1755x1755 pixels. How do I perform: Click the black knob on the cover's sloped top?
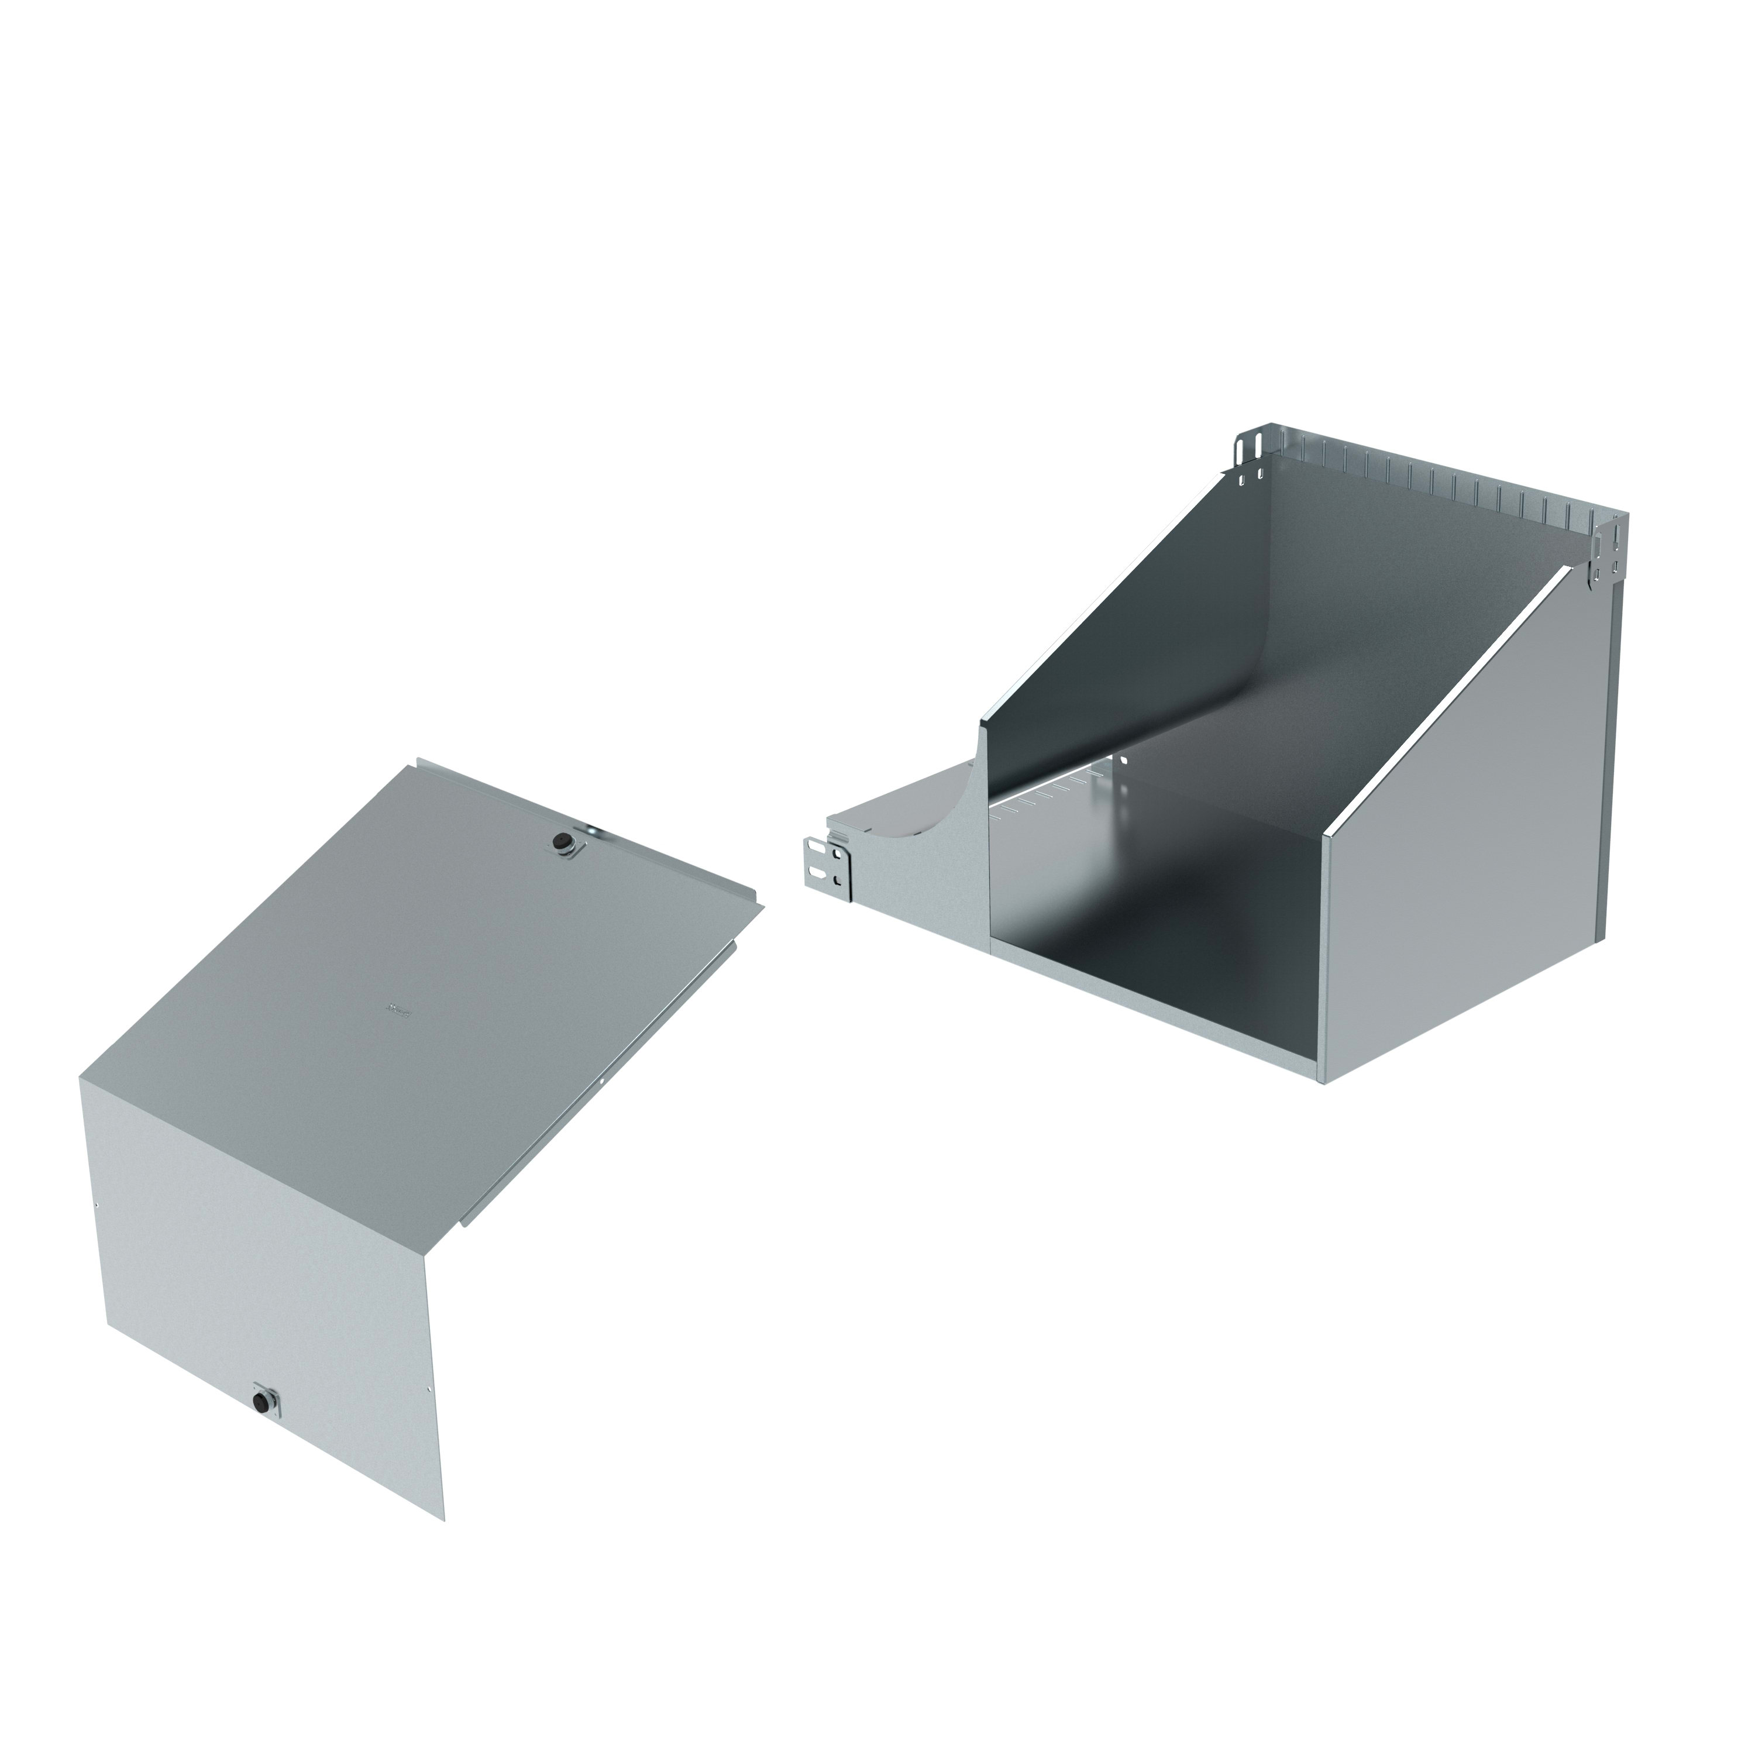point(566,843)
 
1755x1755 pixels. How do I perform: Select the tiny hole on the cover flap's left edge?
point(97,1206)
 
